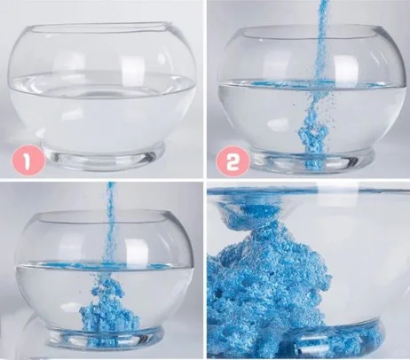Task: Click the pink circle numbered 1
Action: pyautogui.click(x=27, y=161)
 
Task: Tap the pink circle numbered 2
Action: pyautogui.click(x=232, y=161)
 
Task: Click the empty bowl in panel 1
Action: pyautogui.click(x=102, y=97)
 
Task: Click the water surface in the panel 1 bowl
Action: pyautogui.click(x=102, y=84)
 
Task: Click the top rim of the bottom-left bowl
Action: pyautogui.click(x=104, y=215)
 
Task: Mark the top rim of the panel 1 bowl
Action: pyautogui.click(x=102, y=27)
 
